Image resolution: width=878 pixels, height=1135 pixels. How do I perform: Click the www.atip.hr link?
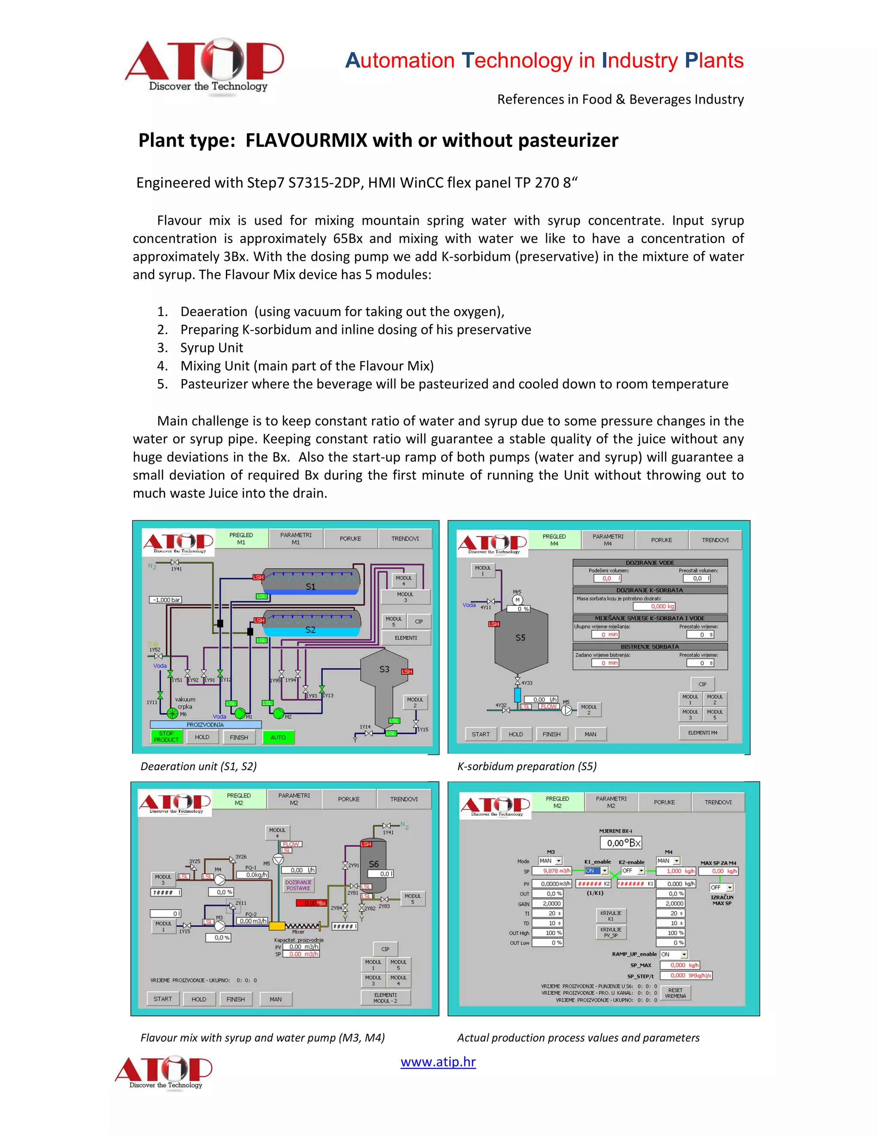[x=438, y=1062]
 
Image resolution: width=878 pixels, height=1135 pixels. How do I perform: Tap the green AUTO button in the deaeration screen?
[x=278, y=737]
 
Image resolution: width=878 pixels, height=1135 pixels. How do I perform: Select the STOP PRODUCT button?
[x=166, y=736]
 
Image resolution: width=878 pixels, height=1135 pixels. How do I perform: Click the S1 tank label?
[x=310, y=586]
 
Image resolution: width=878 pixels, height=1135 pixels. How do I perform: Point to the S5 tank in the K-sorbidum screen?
[x=520, y=638]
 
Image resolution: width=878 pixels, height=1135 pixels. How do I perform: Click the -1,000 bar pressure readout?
[x=166, y=600]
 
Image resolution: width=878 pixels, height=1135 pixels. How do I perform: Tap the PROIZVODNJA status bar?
[x=205, y=724]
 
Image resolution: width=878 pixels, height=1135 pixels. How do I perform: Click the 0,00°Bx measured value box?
[x=624, y=843]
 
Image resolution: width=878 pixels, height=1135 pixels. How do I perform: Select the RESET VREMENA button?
[x=675, y=993]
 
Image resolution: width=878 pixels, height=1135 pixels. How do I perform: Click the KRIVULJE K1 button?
[x=610, y=916]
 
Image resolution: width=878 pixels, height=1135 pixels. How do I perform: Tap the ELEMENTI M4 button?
[x=703, y=733]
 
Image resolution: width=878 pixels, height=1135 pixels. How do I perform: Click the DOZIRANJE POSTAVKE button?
[x=298, y=885]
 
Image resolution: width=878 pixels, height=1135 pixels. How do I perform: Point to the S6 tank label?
[x=373, y=864]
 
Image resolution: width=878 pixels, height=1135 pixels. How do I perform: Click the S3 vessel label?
[x=384, y=669]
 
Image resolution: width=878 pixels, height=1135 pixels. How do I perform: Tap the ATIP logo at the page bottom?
[x=164, y=1072]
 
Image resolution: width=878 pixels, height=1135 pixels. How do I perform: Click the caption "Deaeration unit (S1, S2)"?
[x=198, y=766]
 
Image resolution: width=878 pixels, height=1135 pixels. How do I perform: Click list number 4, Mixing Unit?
[x=307, y=366]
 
